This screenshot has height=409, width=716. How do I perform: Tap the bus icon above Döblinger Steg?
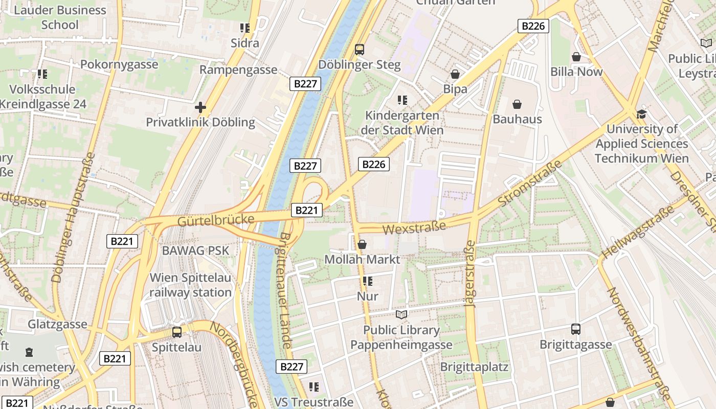tap(360, 50)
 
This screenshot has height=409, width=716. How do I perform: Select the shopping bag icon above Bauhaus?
tap(517, 104)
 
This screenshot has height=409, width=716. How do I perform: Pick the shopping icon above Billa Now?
tap(576, 57)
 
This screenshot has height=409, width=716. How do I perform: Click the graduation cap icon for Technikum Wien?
tap(641, 114)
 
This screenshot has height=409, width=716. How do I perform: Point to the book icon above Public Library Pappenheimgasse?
tap(402, 314)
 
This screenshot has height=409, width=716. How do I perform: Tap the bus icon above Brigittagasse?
tap(576, 329)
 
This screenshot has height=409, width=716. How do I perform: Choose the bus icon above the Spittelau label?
tap(177, 332)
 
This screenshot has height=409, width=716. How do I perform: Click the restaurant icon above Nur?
tap(367, 281)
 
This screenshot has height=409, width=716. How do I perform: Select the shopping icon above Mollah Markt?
tap(362, 244)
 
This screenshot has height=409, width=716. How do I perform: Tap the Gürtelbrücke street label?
tap(216, 220)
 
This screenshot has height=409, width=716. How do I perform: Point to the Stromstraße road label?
tap(529, 183)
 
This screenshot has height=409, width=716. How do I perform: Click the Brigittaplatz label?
tap(474, 367)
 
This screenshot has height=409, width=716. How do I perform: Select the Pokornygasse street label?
tap(119, 64)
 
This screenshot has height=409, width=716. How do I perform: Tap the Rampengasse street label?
tap(238, 70)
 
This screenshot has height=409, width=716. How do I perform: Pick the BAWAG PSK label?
tap(195, 251)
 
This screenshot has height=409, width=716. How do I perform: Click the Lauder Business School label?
tap(60, 17)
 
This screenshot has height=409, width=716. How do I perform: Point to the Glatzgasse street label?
tap(57, 324)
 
